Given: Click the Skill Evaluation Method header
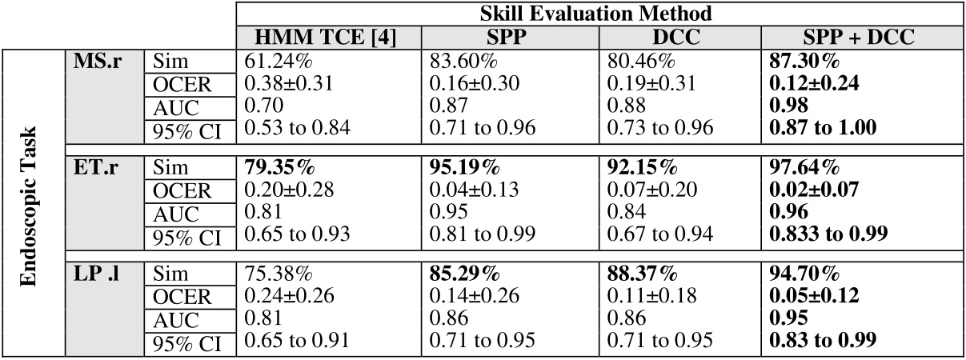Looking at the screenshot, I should click(599, 14).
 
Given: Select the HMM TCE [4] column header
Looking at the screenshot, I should click(328, 37).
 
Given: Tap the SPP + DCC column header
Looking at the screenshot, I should click(861, 37).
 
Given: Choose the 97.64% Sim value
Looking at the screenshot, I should click(803, 168).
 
